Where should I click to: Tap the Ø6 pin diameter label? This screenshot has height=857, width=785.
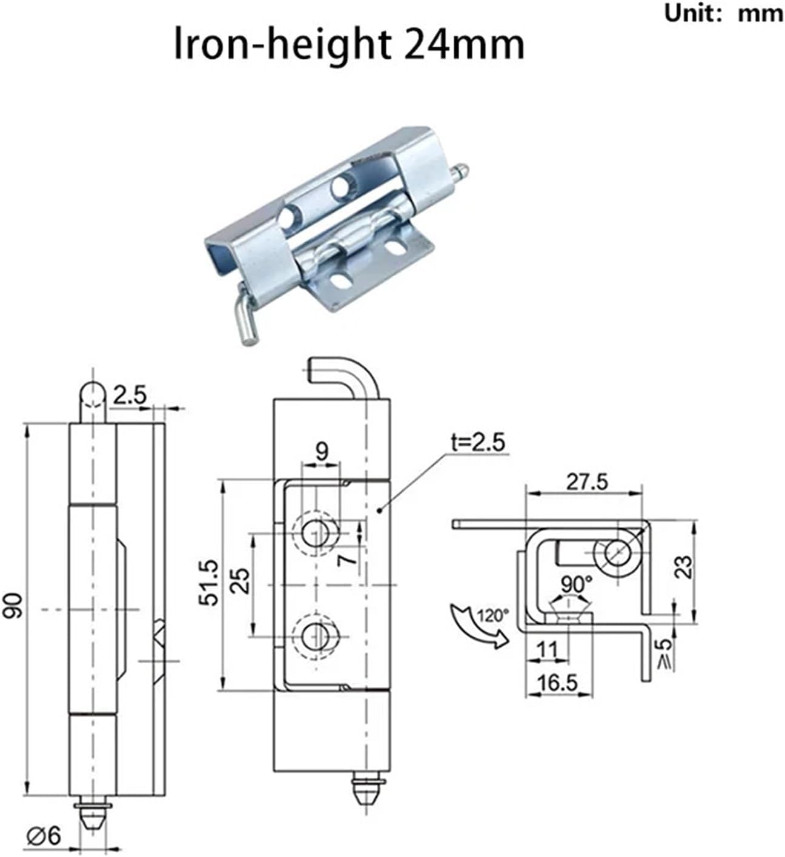[x=44, y=837]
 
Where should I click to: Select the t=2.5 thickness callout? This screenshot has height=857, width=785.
[x=477, y=443]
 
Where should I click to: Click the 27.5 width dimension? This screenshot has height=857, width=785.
[x=586, y=482]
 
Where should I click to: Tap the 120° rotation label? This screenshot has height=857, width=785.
[x=492, y=616]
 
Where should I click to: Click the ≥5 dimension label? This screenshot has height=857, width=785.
[x=666, y=655]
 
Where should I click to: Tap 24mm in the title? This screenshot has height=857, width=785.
[x=463, y=45]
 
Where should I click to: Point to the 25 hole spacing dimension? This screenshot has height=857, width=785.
[x=241, y=581]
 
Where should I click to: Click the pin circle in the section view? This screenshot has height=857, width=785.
[x=615, y=553]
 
